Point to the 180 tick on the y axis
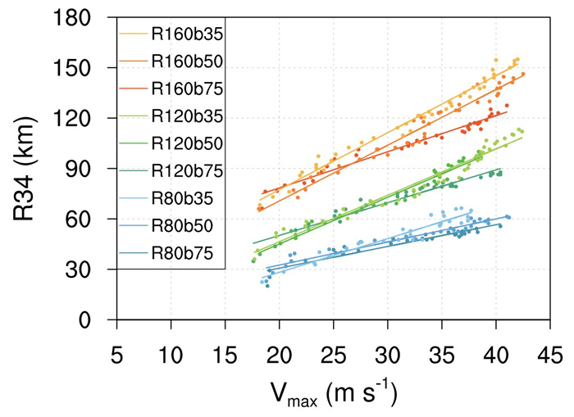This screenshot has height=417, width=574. point(85,18)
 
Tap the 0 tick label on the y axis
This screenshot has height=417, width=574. point(100,320)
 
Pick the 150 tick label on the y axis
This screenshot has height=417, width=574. point(85,68)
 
